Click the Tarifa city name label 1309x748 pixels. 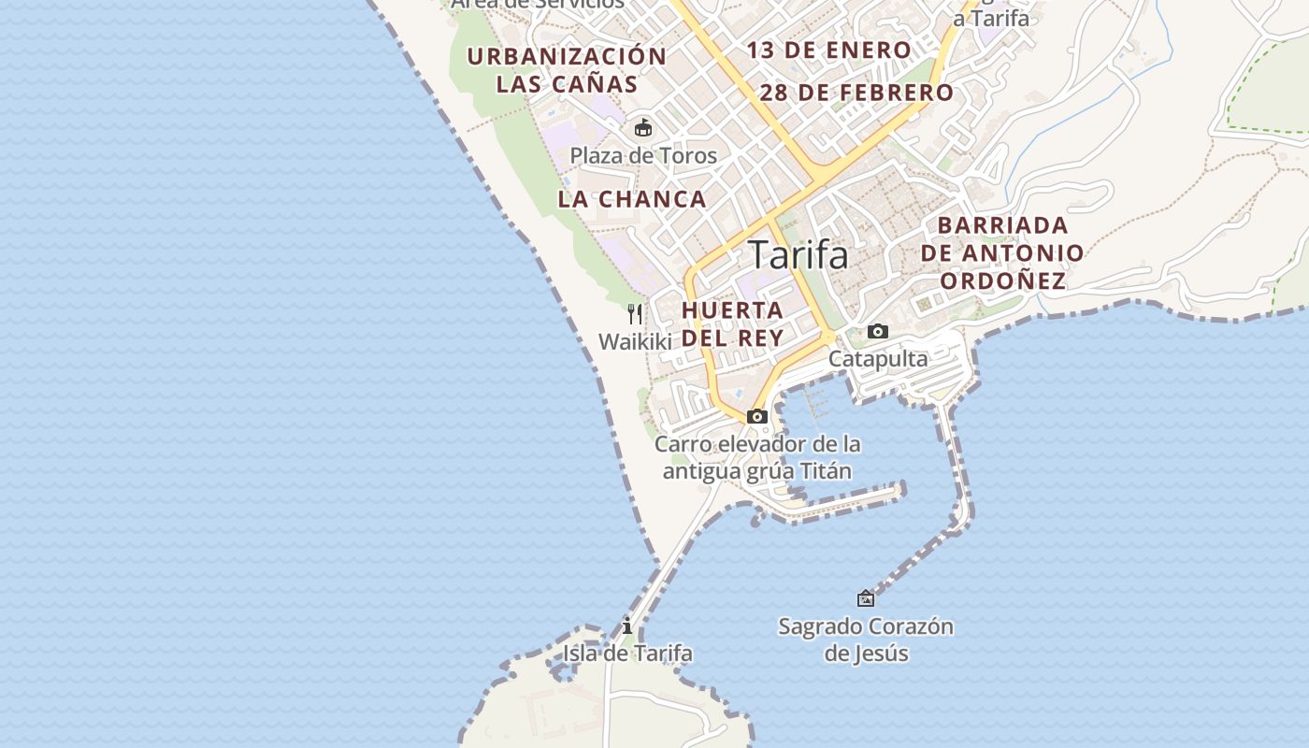[798, 254]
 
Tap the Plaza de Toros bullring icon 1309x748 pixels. [643, 128]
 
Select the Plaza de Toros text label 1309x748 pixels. [643, 155]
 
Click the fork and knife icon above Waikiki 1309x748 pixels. [636, 313]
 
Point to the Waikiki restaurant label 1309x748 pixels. [636, 341]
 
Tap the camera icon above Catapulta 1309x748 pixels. [877, 331]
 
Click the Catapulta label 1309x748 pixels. [878, 358]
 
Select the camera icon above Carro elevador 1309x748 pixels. [757, 416]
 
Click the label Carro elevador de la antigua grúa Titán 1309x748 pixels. [757, 457]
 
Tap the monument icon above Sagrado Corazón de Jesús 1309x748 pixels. [866, 598]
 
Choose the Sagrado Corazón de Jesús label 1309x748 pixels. [866, 639]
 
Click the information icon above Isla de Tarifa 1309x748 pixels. [627, 626]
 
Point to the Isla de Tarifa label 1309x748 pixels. [627, 653]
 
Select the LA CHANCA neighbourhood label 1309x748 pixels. [632, 199]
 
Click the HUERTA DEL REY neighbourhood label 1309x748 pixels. [733, 324]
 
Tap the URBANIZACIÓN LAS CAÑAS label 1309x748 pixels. [567, 70]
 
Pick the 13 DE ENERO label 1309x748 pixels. [828, 50]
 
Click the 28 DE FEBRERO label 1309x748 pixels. [856, 93]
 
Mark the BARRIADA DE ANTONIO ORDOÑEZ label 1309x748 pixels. [1002, 252]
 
